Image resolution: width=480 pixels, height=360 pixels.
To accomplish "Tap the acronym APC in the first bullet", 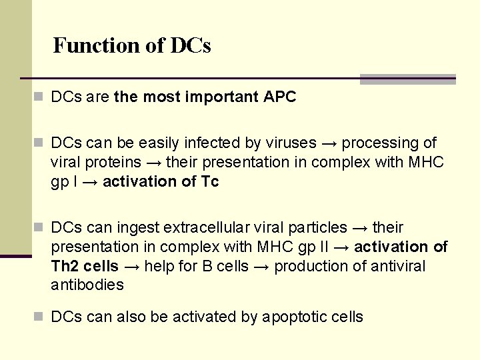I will [279, 97].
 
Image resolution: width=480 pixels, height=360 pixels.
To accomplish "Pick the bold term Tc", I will [209, 181].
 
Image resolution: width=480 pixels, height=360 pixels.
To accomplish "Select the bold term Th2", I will [65, 266].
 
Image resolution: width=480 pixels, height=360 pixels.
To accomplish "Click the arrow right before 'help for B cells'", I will [131, 266].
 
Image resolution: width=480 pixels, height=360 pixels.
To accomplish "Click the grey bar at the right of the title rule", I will [407, 79].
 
